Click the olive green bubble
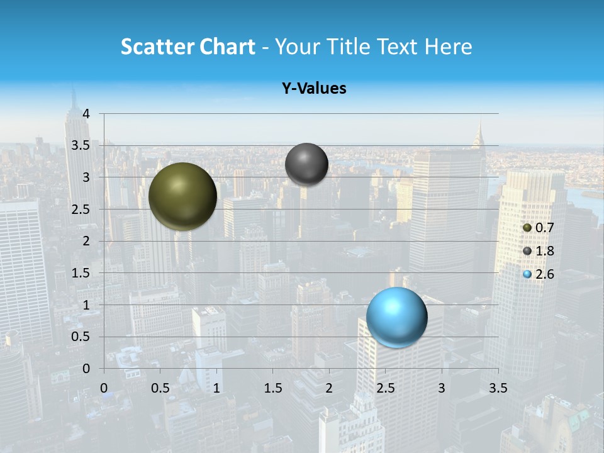[x=182, y=196]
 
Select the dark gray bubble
[x=306, y=164]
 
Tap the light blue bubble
[x=396, y=317]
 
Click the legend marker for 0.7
[x=527, y=228]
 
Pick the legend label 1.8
[x=545, y=251]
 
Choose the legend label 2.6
[x=545, y=274]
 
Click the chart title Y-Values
[x=314, y=89]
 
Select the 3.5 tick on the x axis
[x=498, y=388]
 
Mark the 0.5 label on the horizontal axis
[x=160, y=388]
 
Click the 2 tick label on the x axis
[x=329, y=388]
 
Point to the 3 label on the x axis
[x=442, y=388]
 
